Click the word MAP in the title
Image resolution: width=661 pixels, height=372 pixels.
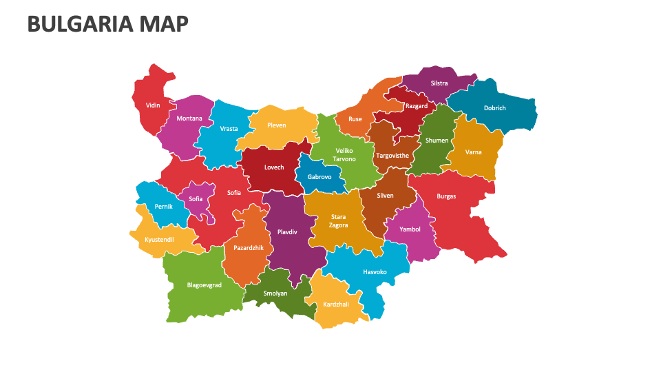coord(163,24)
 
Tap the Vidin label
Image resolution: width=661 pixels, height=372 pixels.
coord(153,105)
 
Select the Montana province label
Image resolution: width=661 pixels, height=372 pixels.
coord(189,118)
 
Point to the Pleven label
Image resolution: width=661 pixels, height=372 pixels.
coord(276,125)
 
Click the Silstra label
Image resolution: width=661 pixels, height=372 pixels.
coord(439,83)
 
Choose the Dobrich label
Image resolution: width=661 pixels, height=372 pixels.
coord(494,108)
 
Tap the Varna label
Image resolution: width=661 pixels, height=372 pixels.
coord(473,152)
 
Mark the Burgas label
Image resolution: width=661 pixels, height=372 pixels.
coord(446,196)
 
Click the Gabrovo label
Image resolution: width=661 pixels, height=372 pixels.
coord(319,177)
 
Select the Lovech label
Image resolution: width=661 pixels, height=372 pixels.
coord(274,167)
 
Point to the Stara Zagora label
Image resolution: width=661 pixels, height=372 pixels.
coord(338,221)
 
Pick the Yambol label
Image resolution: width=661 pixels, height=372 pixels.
coord(410,229)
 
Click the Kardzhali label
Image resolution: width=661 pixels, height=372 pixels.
coord(336,304)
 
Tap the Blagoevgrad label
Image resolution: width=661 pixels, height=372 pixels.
coord(204,285)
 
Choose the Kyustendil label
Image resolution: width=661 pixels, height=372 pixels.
coord(159,240)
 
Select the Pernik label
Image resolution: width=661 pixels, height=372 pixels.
coord(164,207)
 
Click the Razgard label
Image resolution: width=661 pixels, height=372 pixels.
coord(417,106)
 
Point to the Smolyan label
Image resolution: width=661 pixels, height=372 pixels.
coord(275,293)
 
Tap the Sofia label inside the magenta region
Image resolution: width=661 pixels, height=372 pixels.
coord(196,199)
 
